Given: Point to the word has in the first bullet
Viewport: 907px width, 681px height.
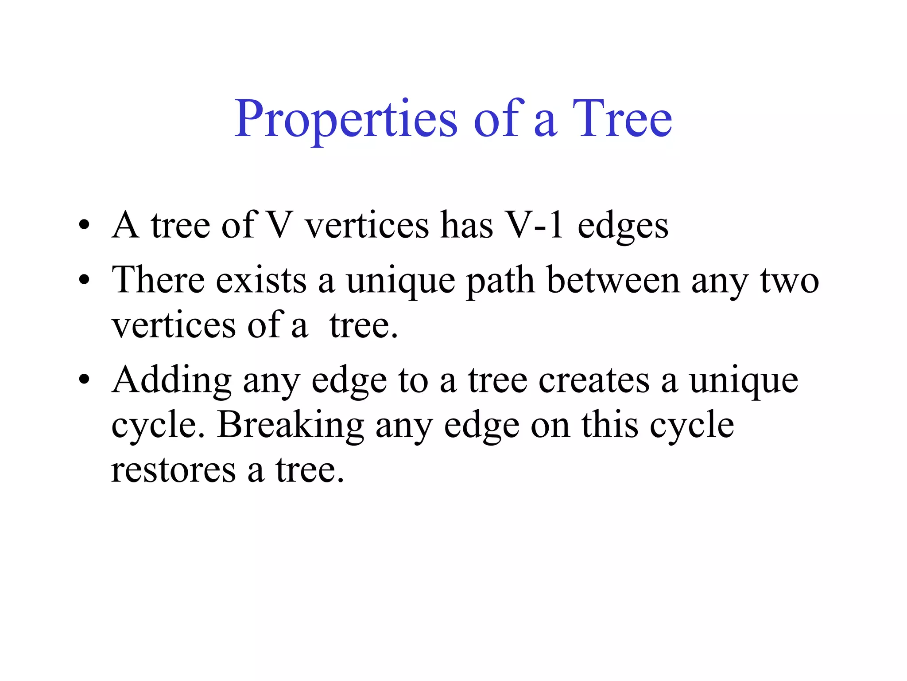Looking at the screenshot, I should coord(467,225).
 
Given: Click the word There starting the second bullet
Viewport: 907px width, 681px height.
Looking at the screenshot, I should coord(158,280).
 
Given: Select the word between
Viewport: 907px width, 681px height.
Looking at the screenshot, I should coord(613,280).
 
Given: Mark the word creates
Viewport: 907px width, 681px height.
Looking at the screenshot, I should coord(594,380).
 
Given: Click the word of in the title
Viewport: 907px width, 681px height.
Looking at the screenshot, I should coord(498,119).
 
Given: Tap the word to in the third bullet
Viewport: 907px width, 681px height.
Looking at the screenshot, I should coord(413,380).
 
